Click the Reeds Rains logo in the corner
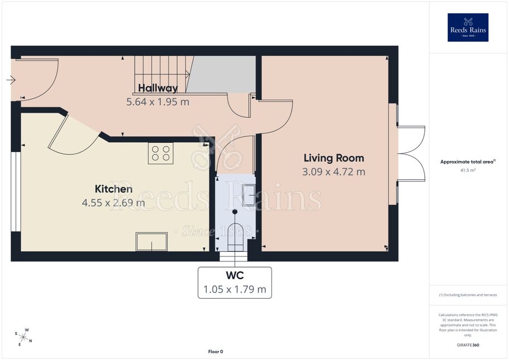pos(468,27)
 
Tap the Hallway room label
pos(158,88)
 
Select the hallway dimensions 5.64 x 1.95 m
pos(158,102)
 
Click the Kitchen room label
pos(114,189)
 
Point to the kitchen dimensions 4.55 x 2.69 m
pos(113,203)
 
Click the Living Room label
pos(334,158)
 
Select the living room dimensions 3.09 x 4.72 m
pos(334,172)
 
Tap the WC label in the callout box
pos(235,276)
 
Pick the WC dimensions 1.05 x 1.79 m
pos(235,289)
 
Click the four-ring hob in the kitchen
pos(161,153)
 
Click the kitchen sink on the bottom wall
pos(152,241)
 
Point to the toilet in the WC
pos(235,237)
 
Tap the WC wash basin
pos(249,195)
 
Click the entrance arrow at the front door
pos(11,80)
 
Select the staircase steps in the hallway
pos(162,74)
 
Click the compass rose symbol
pos(23,337)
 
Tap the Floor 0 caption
pos(216,352)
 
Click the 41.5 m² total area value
pos(468,170)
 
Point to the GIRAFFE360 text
pos(468,345)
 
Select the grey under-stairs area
pos(224,74)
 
